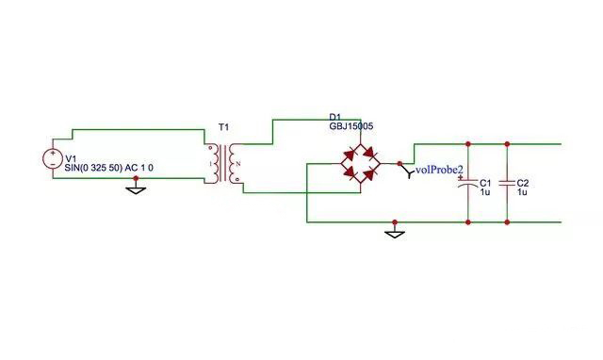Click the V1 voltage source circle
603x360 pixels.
pos(50,159)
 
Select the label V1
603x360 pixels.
pos(73,157)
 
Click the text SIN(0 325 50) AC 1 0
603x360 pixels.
pos(109,168)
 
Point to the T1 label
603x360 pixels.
pos(223,126)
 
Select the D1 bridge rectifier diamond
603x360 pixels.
pos(361,162)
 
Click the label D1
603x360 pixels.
pos(335,116)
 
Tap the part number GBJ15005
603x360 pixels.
pos(350,125)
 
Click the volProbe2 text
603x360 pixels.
pos(440,171)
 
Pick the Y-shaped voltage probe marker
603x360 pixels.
pos(409,171)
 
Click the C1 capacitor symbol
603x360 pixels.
pos(468,186)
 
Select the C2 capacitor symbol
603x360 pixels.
pos(507,186)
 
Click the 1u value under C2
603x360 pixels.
pos(523,191)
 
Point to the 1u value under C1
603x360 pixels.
pos(484,191)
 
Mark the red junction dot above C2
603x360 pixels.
pos(507,144)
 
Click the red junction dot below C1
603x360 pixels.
pos(468,222)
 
